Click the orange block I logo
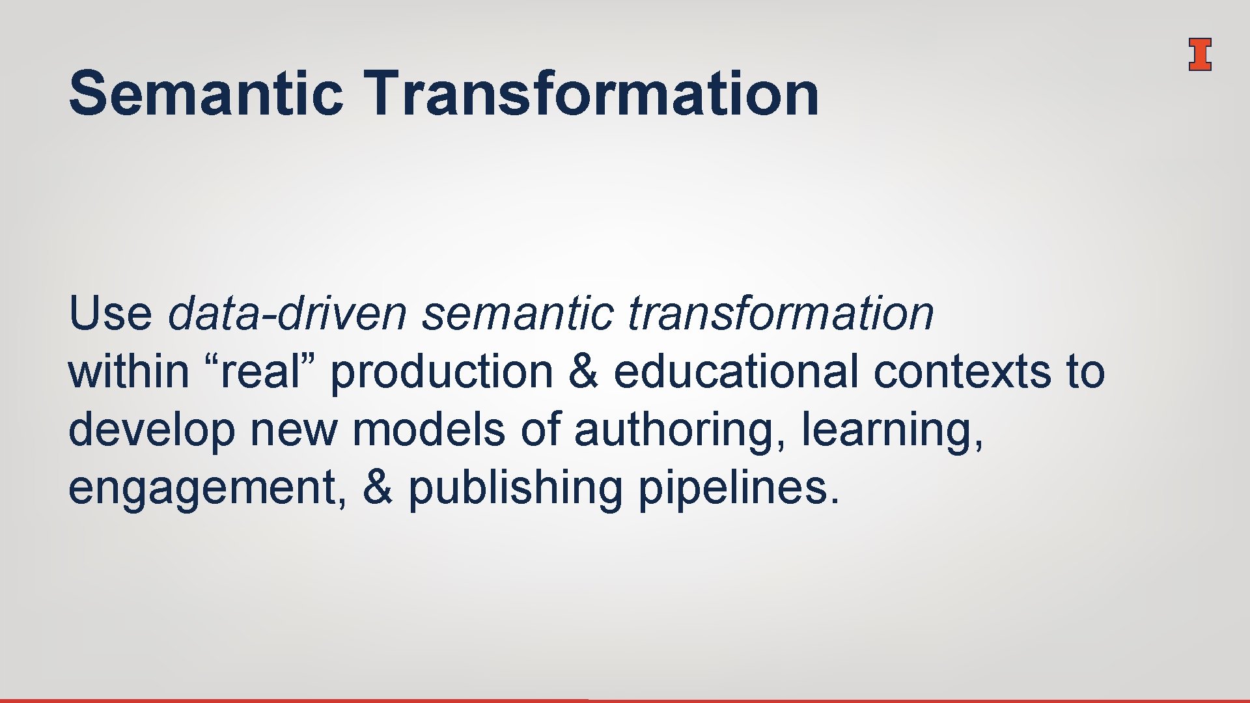(1199, 54)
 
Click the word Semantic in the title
(206, 94)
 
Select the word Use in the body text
(110, 314)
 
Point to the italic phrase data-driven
(287, 314)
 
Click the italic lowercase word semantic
(518, 314)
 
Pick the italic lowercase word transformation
(781, 314)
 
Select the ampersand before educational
(583, 372)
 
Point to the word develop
(151, 431)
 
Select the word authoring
(678, 431)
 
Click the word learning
(891, 431)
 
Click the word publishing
(515, 489)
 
